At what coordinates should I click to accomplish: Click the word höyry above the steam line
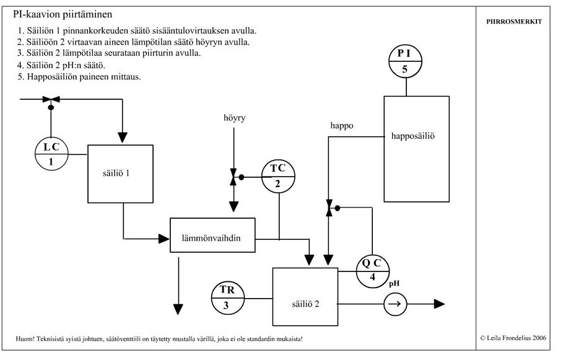[x=235, y=118]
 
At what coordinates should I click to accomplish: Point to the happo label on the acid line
[x=342, y=126]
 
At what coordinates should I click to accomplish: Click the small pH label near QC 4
[x=395, y=283]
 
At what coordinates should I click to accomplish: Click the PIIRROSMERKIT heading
[x=514, y=22]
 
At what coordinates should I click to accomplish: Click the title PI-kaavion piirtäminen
[x=63, y=14]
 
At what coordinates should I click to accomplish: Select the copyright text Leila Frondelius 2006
[x=513, y=338]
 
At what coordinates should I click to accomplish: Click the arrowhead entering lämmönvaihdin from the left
[x=164, y=239]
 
